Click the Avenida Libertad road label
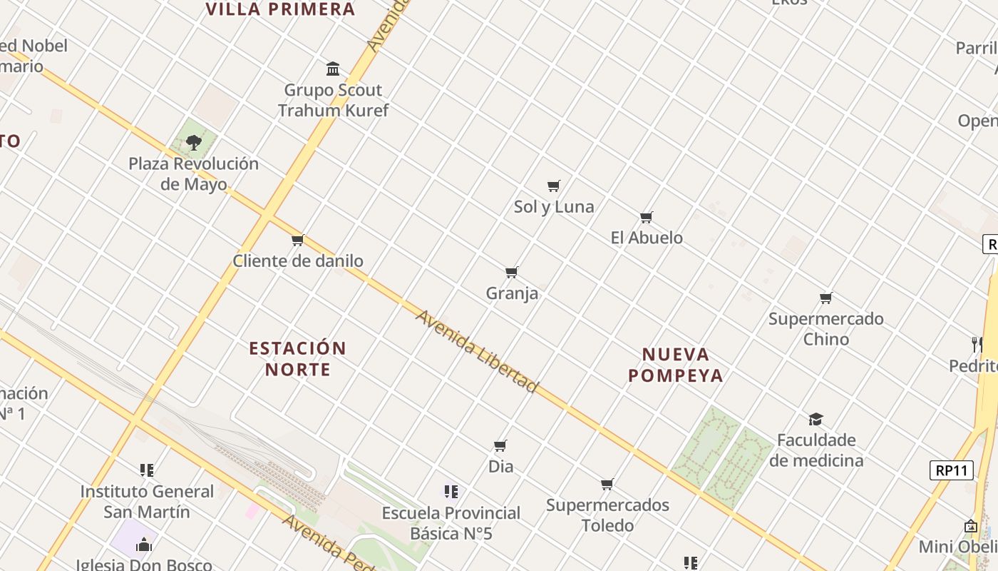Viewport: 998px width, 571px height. click(476, 351)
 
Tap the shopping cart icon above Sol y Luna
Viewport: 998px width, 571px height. click(554, 186)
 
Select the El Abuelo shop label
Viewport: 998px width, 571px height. click(647, 238)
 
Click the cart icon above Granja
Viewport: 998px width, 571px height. click(511, 273)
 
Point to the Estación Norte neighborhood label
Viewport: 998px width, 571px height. click(297, 359)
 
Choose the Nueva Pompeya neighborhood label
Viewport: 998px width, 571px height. click(676, 365)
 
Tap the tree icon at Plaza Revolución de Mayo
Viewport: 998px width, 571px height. click(193, 143)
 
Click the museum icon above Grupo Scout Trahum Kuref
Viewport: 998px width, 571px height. click(333, 69)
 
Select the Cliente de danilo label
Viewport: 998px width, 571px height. click(298, 261)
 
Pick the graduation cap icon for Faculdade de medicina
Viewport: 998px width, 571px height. click(816, 419)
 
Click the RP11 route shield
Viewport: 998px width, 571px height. click(952, 470)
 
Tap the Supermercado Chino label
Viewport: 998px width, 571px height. click(826, 329)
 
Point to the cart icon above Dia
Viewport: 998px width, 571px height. click(500, 446)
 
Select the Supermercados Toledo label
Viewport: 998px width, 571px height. click(607, 515)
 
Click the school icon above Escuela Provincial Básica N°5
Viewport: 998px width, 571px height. click(451, 492)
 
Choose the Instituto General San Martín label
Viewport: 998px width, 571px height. click(147, 502)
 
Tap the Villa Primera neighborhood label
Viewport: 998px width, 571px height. click(280, 9)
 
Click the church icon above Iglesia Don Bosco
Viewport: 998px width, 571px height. click(144, 545)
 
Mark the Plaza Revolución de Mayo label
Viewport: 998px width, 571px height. click(193, 173)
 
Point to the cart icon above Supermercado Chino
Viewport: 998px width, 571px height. click(826, 298)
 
